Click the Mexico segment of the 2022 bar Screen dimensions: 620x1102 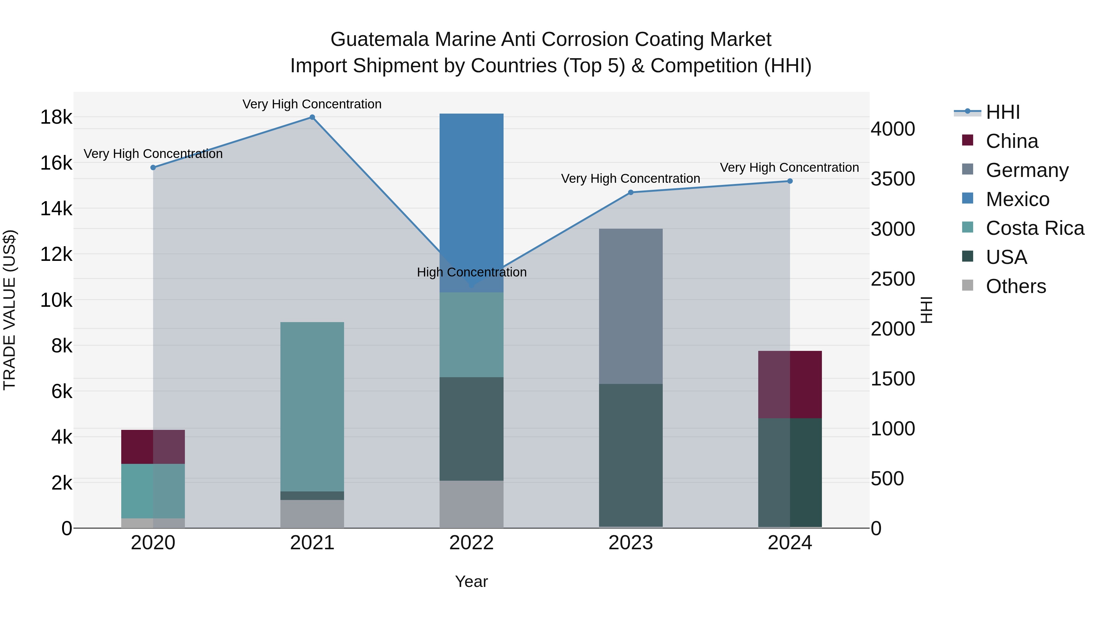471,201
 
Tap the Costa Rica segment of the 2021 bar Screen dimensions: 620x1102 312,407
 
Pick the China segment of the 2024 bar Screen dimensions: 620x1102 790,384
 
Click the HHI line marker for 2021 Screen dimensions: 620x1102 312,117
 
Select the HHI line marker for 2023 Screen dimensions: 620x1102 631,193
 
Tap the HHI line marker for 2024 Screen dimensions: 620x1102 790,181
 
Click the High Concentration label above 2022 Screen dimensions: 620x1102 471,272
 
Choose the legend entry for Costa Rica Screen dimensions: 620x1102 1034,228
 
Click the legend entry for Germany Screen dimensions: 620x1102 1027,170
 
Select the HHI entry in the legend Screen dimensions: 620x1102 1002,112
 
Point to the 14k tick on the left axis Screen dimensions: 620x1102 56,209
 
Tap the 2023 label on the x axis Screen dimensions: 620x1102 631,543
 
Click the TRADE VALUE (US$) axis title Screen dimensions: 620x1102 9,310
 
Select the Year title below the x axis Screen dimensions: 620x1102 471,581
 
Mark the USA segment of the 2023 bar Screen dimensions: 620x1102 631,455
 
